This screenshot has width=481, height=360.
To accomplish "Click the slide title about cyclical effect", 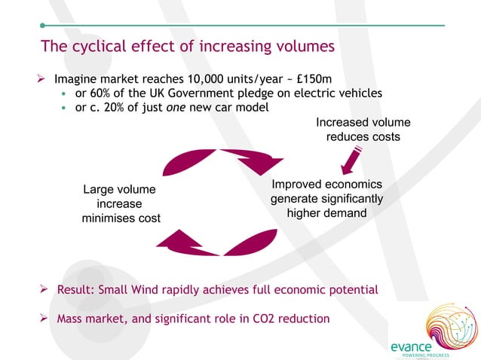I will (188, 47).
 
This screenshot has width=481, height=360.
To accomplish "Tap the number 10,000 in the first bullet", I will (202, 79).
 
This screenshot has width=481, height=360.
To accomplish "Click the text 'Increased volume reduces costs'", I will (363, 129).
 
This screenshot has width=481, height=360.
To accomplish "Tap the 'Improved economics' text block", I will (326, 199).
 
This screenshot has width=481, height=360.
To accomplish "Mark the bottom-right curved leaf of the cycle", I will (248, 243).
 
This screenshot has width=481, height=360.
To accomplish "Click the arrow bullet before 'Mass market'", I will (44, 319).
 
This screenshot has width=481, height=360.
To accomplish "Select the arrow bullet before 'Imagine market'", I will (44, 79).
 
